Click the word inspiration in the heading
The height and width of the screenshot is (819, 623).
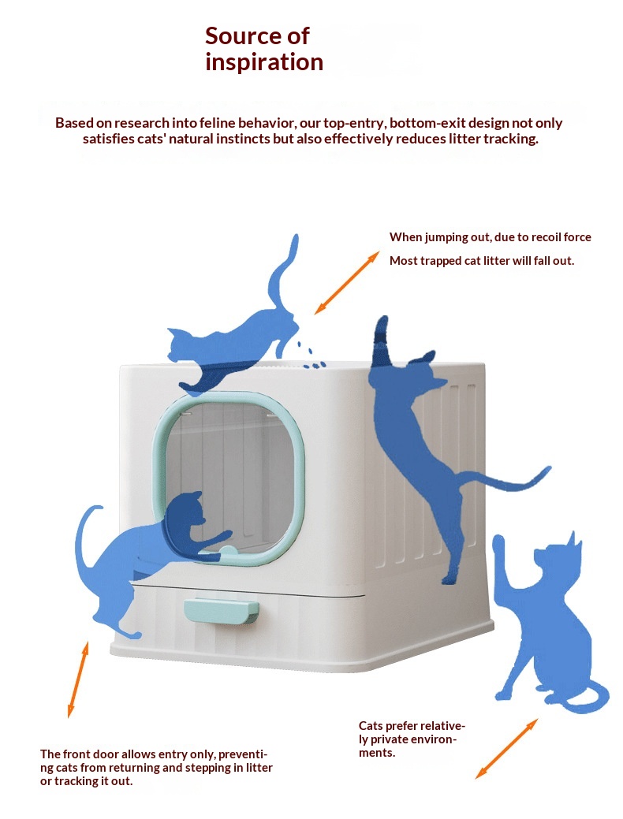(x=264, y=62)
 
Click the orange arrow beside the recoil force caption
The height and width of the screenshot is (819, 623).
(x=346, y=282)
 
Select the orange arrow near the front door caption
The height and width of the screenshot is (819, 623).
(x=78, y=679)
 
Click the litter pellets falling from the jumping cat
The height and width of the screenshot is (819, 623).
(x=311, y=357)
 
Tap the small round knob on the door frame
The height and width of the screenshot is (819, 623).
(x=228, y=552)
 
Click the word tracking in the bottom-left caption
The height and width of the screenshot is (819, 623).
(x=68, y=781)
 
